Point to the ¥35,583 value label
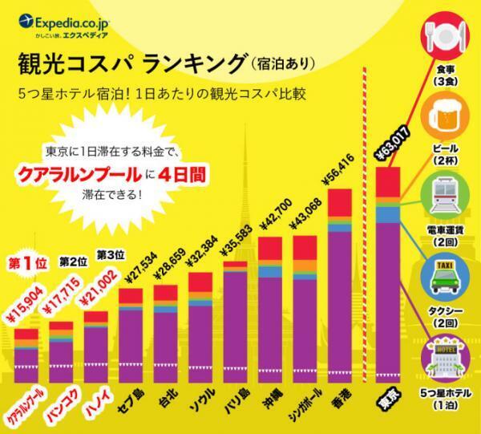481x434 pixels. click(240, 239)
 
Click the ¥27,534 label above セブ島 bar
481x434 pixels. click(133, 270)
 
